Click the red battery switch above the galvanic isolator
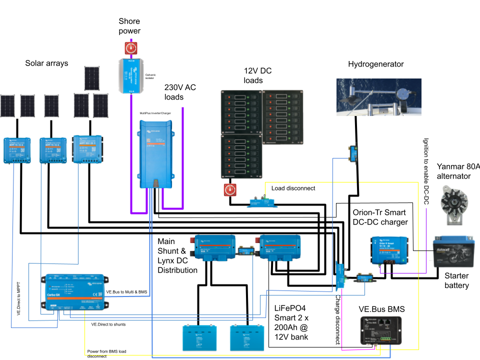[131, 48]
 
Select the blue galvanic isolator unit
[131, 75]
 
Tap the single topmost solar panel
[91, 78]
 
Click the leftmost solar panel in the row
[7, 105]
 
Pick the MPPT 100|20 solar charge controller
[87, 149]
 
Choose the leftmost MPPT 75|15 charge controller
[17, 150]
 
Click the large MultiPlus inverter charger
[156, 154]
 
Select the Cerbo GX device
[75, 292]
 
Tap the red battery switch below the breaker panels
[230, 190]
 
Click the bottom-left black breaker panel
[241, 156]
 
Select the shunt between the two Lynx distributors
[247, 248]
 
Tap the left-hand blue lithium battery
[199, 337]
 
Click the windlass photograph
[378, 97]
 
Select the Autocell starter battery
[453, 253]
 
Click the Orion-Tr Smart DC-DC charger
[390, 250]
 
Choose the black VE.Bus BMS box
[380, 330]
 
